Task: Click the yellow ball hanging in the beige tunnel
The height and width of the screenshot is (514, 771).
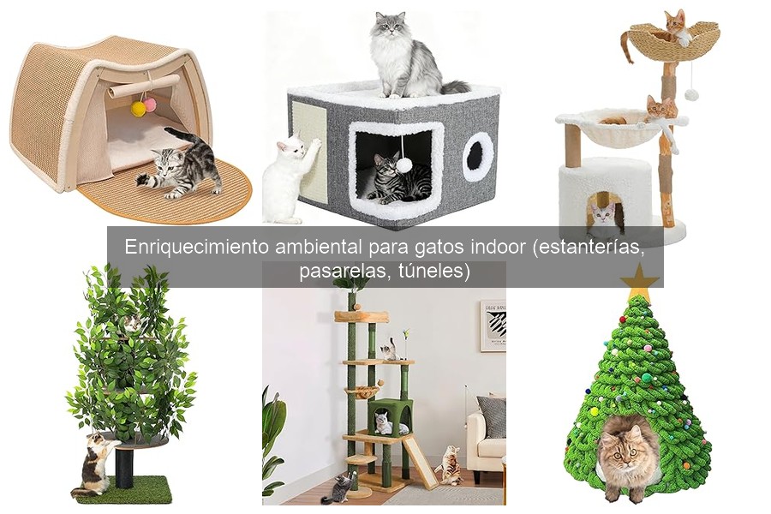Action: click(x=138, y=109)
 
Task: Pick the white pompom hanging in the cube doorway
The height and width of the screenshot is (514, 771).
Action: click(x=403, y=164)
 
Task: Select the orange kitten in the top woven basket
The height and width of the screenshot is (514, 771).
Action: click(x=675, y=26)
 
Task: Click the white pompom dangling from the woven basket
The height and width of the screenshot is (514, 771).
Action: click(x=690, y=94)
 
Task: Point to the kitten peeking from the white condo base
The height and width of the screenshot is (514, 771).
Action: click(x=604, y=213)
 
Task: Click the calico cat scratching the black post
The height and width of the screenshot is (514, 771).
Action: click(x=95, y=463)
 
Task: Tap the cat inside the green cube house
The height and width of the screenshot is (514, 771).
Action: click(x=382, y=422)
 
